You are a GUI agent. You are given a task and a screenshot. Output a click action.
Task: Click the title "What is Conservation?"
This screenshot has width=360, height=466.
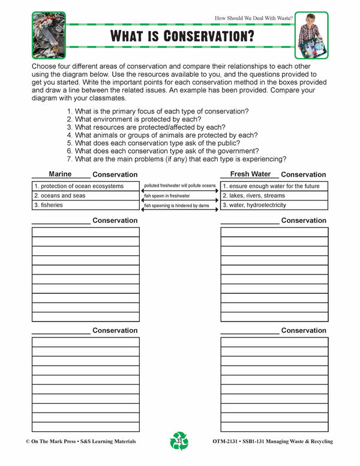click(182, 35)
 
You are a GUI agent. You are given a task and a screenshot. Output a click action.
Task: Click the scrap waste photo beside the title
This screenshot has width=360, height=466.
click(49, 35)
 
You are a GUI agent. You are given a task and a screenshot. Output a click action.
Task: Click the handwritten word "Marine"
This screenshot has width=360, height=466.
click(60, 174)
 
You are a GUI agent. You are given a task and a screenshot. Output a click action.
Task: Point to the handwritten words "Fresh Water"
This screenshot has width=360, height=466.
click(250, 174)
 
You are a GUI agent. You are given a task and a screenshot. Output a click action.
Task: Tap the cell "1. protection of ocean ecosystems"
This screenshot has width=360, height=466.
click(85, 186)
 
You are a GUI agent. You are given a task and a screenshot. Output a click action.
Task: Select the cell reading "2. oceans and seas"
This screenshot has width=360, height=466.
click(85, 196)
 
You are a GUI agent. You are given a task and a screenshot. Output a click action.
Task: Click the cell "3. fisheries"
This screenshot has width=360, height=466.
click(85, 205)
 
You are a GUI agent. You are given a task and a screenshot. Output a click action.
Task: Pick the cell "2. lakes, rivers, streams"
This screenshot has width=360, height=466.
click(274, 196)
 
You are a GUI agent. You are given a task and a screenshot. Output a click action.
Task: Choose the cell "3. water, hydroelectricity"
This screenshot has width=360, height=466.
click(274, 205)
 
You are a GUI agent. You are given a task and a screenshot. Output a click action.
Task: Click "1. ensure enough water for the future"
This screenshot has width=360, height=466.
click(274, 186)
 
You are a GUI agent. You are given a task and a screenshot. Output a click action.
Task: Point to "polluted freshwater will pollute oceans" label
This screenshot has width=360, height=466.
click(179, 186)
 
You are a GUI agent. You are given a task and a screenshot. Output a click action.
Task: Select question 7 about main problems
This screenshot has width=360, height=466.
click(176, 159)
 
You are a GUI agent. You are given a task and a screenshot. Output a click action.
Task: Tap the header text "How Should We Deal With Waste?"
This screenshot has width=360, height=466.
click(253, 19)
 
